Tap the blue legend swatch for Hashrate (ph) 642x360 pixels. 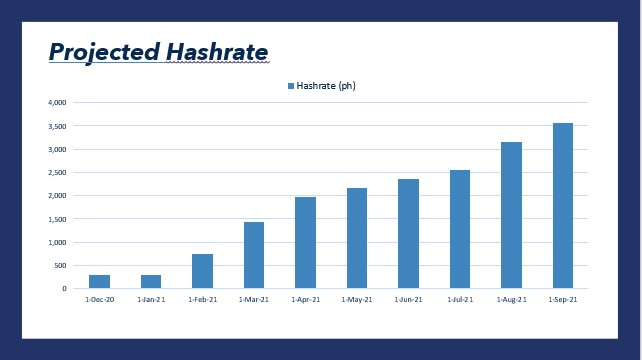[x=291, y=86]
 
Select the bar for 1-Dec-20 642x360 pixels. [x=100, y=281]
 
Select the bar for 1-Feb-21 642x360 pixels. [x=202, y=271]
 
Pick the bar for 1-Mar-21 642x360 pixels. [x=254, y=255]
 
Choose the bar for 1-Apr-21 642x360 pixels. [x=305, y=242]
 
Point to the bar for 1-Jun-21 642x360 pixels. [x=408, y=233]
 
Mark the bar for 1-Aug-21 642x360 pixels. [x=511, y=215]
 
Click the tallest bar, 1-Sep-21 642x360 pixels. [x=563, y=205]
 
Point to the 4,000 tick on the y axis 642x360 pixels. [x=56, y=102]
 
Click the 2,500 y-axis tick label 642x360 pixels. [x=56, y=172]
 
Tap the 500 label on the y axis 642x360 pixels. [x=59, y=265]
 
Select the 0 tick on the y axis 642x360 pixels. [x=64, y=288]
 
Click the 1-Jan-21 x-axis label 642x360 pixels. [x=151, y=299]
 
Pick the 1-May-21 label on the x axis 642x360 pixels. [x=357, y=299]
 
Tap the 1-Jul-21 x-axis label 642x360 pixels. [x=460, y=299]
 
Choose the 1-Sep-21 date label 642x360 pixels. [x=563, y=299]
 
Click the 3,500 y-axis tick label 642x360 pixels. [x=56, y=126]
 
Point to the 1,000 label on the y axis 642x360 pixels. [x=56, y=242]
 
